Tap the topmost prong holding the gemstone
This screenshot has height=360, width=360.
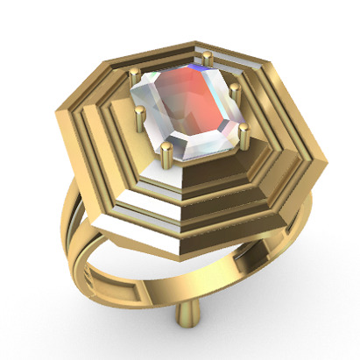[x=208, y=60]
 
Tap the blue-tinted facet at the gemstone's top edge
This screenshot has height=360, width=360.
[x=201, y=73]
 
